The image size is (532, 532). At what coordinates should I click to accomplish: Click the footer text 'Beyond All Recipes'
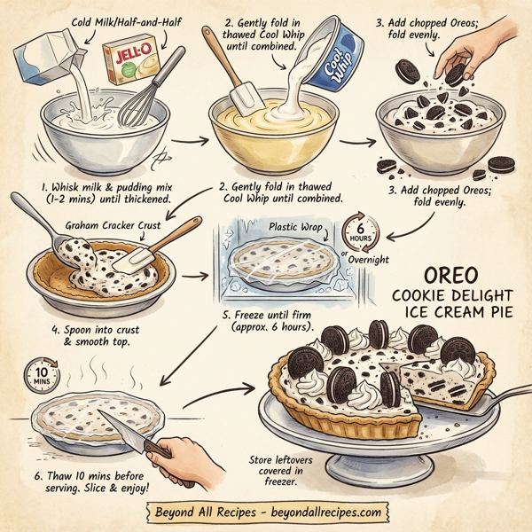click(203, 512)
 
